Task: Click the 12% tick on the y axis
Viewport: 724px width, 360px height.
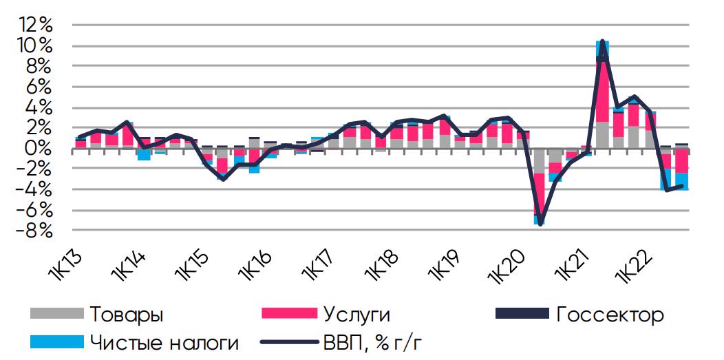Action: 36,25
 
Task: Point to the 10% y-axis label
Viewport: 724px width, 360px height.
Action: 36,46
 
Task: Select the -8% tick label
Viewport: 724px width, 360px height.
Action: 35,231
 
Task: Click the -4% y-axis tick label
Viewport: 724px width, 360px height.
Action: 35,189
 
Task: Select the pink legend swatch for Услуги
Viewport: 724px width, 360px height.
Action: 289,314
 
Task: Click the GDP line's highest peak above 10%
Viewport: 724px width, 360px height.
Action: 603,41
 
